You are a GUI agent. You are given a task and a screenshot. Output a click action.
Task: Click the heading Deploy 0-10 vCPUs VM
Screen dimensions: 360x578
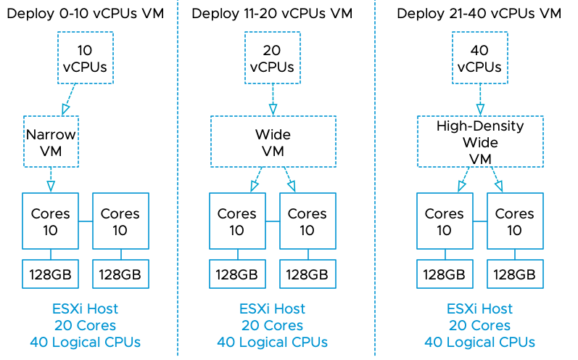pyautogui.click(x=86, y=13)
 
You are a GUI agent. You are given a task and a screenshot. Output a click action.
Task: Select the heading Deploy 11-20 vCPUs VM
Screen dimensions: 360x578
pyautogui.click(x=273, y=13)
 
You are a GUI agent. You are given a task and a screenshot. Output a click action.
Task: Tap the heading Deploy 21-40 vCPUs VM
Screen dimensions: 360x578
pyautogui.click(x=480, y=13)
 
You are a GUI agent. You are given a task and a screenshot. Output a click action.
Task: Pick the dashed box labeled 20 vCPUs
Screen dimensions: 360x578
pyautogui.click(x=273, y=59)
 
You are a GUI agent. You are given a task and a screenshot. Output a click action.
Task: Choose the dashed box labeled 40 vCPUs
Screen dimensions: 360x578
pyautogui.click(x=479, y=59)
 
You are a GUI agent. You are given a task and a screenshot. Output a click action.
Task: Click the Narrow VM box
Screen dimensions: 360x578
pyautogui.click(x=51, y=142)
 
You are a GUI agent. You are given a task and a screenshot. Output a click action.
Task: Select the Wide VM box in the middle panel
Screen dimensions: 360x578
pyautogui.click(x=273, y=142)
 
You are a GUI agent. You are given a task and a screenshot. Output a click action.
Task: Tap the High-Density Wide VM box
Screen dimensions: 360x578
pyautogui.click(x=479, y=142)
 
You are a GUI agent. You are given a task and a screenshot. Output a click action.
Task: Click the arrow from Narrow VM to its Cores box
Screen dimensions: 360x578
pyautogui.click(x=51, y=180)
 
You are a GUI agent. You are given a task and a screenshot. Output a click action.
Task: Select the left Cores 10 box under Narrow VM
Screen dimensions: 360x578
pyautogui.click(x=51, y=221)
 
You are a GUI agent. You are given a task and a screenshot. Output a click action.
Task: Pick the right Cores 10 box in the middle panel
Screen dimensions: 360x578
pyautogui.click(x=307, y=221)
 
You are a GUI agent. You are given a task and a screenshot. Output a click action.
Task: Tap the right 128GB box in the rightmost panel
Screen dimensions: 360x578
pyautogui.click(x=515, y=274)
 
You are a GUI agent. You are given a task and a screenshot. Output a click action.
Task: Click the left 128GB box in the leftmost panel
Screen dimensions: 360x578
pyautogui.click(x=51, y=274)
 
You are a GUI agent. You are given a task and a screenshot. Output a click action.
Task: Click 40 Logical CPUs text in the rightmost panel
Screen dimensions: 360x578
pyautogui.click(x=479, y=342)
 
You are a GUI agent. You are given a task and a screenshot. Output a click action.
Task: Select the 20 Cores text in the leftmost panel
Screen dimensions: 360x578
pyautogui.click(x=86, y=326)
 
